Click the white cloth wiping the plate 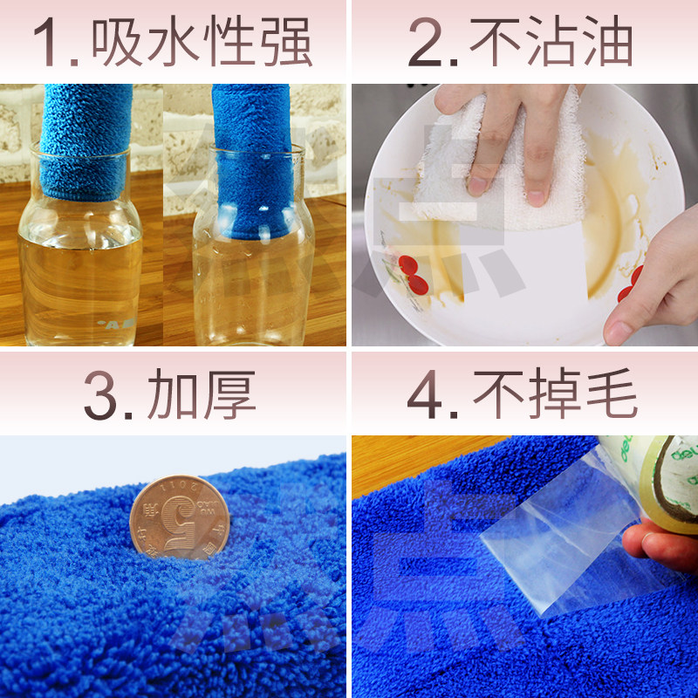[x=506, y=174]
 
